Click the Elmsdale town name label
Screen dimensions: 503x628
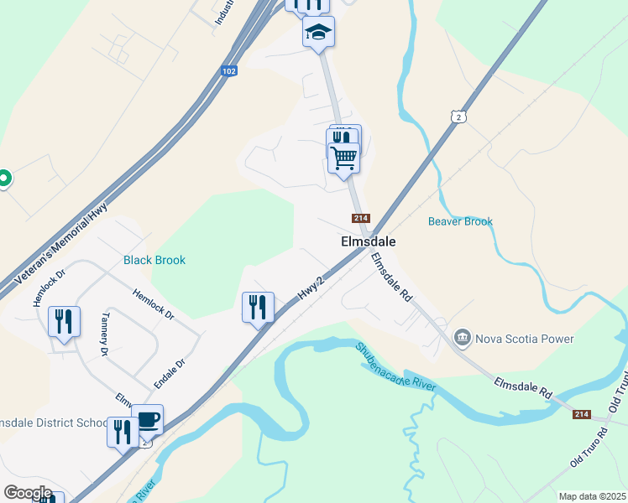368,241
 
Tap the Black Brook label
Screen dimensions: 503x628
154,260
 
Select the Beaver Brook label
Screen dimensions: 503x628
460,221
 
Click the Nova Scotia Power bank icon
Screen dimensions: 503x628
462,338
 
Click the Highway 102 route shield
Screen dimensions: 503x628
229,71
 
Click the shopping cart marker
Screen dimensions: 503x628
343,157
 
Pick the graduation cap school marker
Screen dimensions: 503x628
318,33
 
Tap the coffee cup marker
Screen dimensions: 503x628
148,419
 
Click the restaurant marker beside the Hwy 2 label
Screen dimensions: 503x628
258,307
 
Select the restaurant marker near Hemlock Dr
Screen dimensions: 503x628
64,321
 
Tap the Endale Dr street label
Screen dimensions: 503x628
169,372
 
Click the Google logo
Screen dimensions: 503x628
28,492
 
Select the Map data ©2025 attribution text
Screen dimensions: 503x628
592,496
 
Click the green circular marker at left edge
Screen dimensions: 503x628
3,178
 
